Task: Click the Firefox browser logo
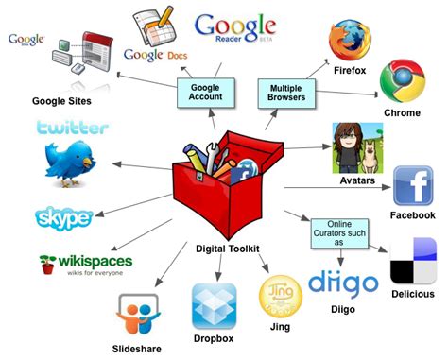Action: (x=350, y=40)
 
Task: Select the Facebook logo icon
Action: (x=412, y=185)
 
